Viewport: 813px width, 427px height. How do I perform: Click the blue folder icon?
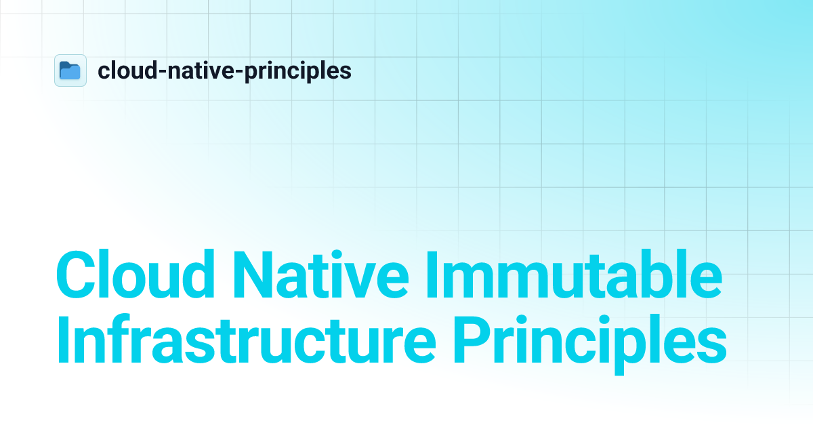[70, 70]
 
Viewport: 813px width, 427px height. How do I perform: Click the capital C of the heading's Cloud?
[77, 277]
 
